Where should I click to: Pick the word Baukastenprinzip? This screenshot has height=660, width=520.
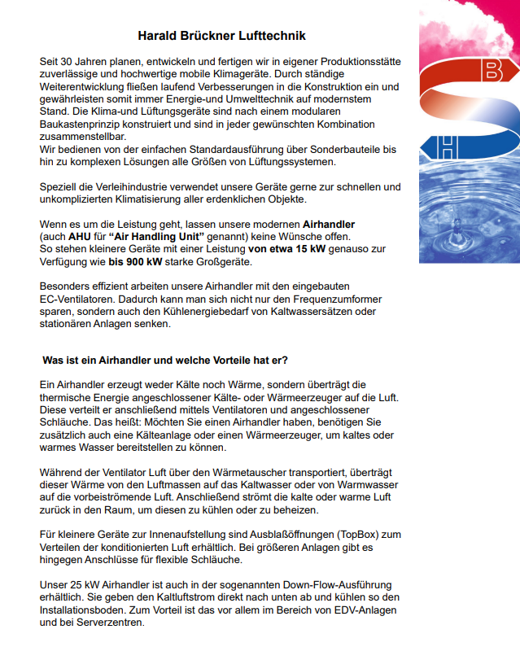(81, 125)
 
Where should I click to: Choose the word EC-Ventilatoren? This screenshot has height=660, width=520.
(83, 299)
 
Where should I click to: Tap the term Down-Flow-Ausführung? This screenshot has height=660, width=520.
(327, 585)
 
